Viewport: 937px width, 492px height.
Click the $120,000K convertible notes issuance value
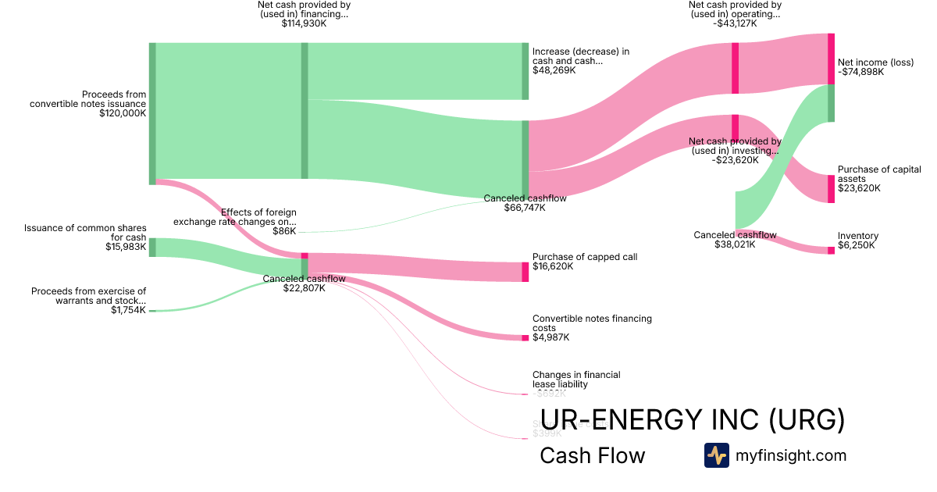123,113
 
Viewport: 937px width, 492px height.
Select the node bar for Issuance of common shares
152,247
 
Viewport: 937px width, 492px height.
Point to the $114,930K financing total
304,24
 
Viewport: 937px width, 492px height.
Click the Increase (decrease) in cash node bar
526,71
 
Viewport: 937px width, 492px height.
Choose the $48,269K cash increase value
554,70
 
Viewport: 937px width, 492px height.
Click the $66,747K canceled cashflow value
525,209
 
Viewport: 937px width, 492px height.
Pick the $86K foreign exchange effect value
284,231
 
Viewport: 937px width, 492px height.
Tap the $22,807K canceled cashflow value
304,288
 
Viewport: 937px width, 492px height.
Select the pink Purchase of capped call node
526,271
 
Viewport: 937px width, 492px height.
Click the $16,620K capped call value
553,266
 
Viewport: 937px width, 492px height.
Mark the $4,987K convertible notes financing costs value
550,337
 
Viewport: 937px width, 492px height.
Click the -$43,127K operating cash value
735,23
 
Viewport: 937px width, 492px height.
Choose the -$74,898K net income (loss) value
860,72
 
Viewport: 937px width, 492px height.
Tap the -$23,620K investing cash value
735,160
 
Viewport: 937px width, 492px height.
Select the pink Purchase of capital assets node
831,188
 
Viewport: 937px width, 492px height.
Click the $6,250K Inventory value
857,245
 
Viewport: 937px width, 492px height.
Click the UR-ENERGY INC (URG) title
692,420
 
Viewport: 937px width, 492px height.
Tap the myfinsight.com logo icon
716,455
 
